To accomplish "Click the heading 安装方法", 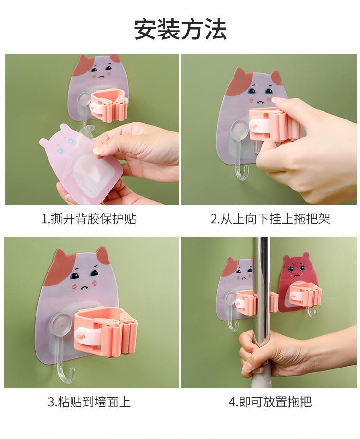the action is pos(180,29).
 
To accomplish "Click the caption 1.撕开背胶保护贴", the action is pos(89,219).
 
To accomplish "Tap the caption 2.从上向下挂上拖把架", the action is pos(270,219).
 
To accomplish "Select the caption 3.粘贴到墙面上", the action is pos(89,402).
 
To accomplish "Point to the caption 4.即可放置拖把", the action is pos(270,402).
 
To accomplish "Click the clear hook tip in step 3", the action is pos(73,371).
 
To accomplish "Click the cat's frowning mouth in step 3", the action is pos(84,287).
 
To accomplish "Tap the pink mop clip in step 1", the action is pos(108,105).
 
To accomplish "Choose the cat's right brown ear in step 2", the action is pos(276,77).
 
